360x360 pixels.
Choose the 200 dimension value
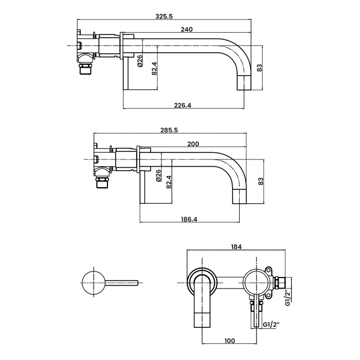(193, 144)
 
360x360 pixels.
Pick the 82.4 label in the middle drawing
(169, 181)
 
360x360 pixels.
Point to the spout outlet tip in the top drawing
(245, 84)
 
